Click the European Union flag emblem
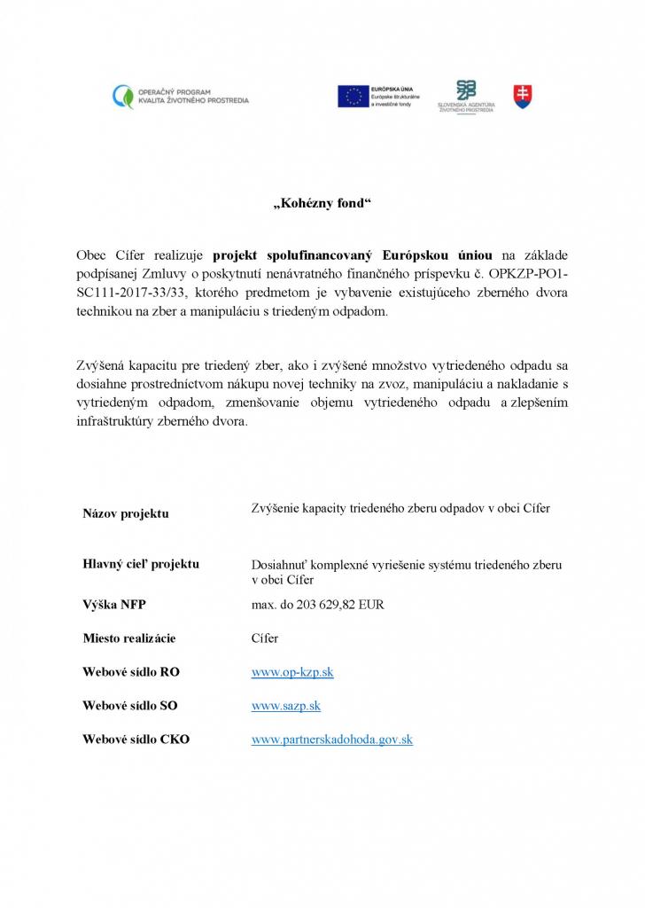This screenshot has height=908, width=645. (353, 97)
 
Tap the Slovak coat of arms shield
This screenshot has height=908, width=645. (523, 97)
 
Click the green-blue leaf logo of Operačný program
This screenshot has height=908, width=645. (123, 97)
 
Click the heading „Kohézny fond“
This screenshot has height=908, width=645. (322, 204)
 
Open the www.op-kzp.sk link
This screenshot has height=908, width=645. (292, 672)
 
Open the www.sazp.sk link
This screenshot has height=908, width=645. (286, 706)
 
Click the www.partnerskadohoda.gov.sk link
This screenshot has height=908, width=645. (332, 739)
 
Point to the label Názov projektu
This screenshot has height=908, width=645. (126, 513)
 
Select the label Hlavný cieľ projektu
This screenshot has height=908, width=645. (141, 564)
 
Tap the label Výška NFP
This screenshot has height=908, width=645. (114, 605)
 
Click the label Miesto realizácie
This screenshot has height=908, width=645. (129, 638)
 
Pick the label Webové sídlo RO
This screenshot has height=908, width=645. (131, 672)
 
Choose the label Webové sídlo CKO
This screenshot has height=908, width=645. (136, 739)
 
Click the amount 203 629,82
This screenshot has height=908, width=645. (330, 605)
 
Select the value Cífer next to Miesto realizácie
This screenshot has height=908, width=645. (265, 638)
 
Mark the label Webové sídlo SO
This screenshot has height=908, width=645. (130, 706)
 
